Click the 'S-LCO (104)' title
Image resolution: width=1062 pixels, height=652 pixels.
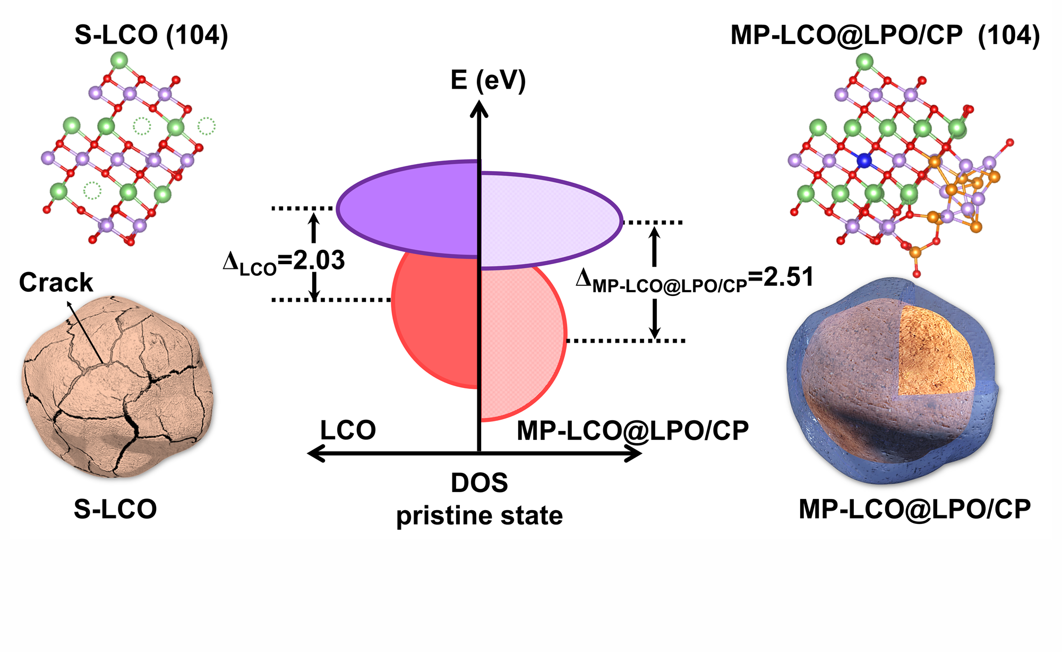(x=151, y=35)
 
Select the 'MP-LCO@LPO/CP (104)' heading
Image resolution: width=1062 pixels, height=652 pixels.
(x=885, y=35)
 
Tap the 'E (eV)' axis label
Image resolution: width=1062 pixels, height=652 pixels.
(x=488, y=80)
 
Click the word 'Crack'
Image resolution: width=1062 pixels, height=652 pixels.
(x=56, y=282)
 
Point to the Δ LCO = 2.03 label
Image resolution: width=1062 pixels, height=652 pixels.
(x=284, y=261)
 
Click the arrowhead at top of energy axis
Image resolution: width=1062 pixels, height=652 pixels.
(x=479, y=109)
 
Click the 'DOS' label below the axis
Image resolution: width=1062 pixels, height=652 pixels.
(x=479, y=483)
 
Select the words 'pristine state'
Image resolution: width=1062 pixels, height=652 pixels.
(x=479, y=515)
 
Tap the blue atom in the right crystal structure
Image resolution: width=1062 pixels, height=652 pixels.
(x=864, y=160)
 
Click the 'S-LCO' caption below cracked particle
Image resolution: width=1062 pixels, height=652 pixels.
(x=115, y=509)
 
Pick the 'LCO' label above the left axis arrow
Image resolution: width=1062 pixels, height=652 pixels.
(x=348, y=430)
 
